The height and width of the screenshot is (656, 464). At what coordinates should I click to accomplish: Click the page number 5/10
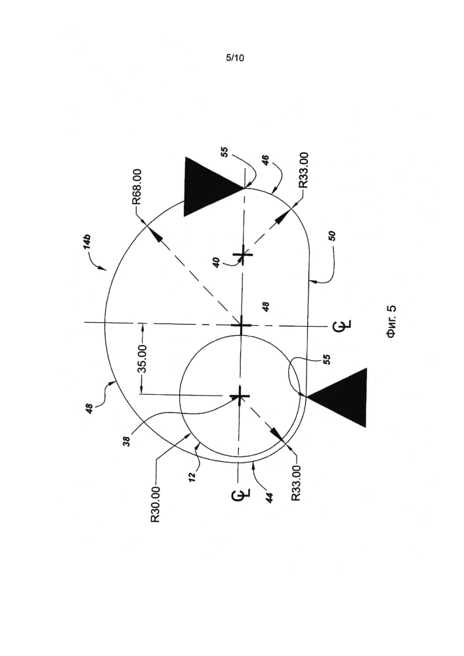(x=235, y=58)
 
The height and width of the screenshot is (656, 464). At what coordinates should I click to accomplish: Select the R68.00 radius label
(x=137, y=186)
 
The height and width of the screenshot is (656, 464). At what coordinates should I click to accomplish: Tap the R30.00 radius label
(x=156, y=504)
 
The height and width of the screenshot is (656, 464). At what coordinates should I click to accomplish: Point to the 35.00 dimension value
(x=142, y=359)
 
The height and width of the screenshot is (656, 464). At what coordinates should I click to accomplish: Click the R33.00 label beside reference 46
(x=303, y=171)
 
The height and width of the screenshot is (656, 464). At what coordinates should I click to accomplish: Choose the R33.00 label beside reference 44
(x=296, y=483)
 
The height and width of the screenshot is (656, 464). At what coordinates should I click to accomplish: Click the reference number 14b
(x=87, y=243)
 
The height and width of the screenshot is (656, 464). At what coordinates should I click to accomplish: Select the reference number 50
(x=332, y=236)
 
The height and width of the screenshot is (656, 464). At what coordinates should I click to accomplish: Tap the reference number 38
(x=127, y=441)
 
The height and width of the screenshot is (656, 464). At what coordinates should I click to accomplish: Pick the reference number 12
(x=192, y=478)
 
